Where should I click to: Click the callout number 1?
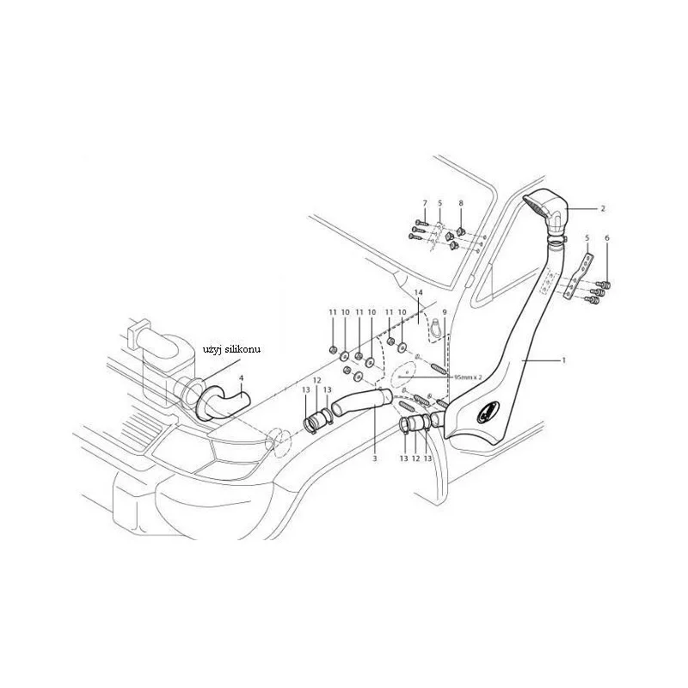pyautogui.click(x=564, y=360)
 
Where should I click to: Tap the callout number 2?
pyautogui.click(x=603, y=208)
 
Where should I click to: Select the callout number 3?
pyautogui.click(x=375, y=458)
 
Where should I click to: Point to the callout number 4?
pyautogui.click(x=241, y=378)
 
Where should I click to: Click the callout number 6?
pyautogui.click(x=607, y=238)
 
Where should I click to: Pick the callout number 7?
pyautogui.click(x=424, y=203)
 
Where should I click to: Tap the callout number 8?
pyautogui.click(x=461, y=203)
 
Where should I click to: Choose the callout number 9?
pyautogui.click(x=445, y=312)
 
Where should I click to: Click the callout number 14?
pyautogui.click(x=418, y=292)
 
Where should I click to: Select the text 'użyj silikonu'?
pyautogui.click(x=231, y=349)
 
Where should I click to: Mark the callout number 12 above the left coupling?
pyautogui.click(x=317, y=380)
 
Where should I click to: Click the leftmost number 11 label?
pyautogui.click(x=333, y=312)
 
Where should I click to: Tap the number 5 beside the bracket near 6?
pyautogui.click(x=587, y=238)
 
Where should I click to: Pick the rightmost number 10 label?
pyautogui.click(x=402, y=312)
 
